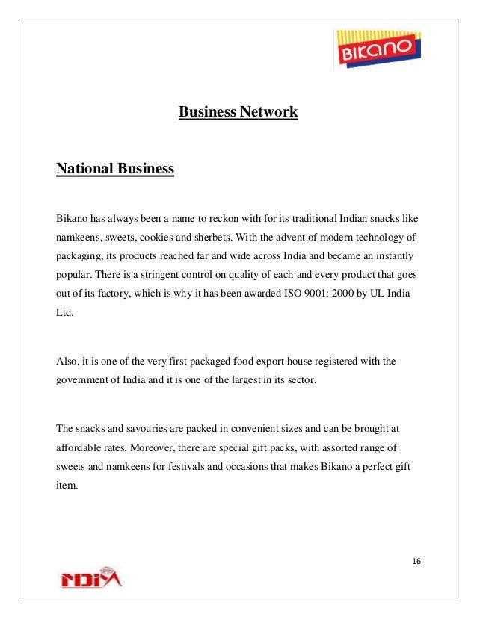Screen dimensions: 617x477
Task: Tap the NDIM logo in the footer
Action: click(x=89, y=578)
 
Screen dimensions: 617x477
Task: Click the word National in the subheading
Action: click(x=83, y=169)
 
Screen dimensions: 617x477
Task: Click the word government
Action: click(x=82, y=380)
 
